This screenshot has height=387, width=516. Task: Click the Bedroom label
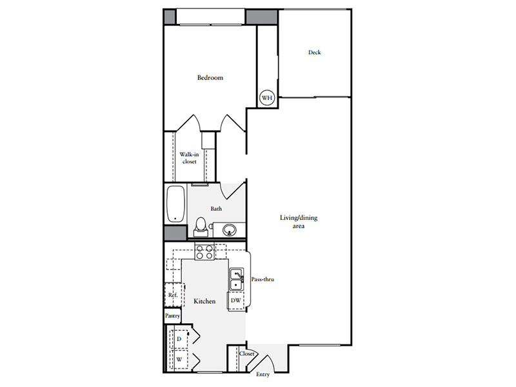pyautogui.click(x=210, y=77)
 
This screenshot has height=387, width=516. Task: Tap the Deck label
pyautogui.click(x=314, y=52)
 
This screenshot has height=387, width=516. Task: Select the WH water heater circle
pyautogui.click(x=267, y=98)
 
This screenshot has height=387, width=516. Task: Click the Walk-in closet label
pyautogui.click(x=189, y=158)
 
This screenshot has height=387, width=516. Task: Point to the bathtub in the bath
pyautogui.click(x=175, y=204)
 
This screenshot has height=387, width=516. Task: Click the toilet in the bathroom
pyautogui.click(x=201, y=227)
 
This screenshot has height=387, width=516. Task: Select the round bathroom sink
pyautogui.click(x=229, y=230)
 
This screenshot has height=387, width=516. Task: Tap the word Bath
pyautogui.click(x=216, y=208)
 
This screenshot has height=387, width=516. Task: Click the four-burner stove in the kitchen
pyautogui.click(x=204, y=252)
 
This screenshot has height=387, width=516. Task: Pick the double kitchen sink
pyautogui.click(x=237, y=279)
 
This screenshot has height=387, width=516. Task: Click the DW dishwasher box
pyautogui.click(x=236, y=301)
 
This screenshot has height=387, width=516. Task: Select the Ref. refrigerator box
pyautogui.click(x=174, y=295)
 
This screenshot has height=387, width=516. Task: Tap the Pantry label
pyautogui.click(x=172, y=315)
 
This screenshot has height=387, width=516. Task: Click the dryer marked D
pyautogui.click(x=179, y=339)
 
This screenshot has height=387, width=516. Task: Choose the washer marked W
pyautogui.click(x=179, y=359)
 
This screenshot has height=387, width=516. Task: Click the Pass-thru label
pyautogui.click(x=263, y=279)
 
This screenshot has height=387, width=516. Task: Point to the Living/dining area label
pyautogui.click(x=299, y=222)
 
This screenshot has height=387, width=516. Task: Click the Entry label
pyautogui.click(x=263, y=375)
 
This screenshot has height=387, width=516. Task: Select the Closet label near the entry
pyautogui.click(x=247, y=353)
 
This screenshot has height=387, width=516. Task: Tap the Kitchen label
pyautogui.click(x=204, y=301)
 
